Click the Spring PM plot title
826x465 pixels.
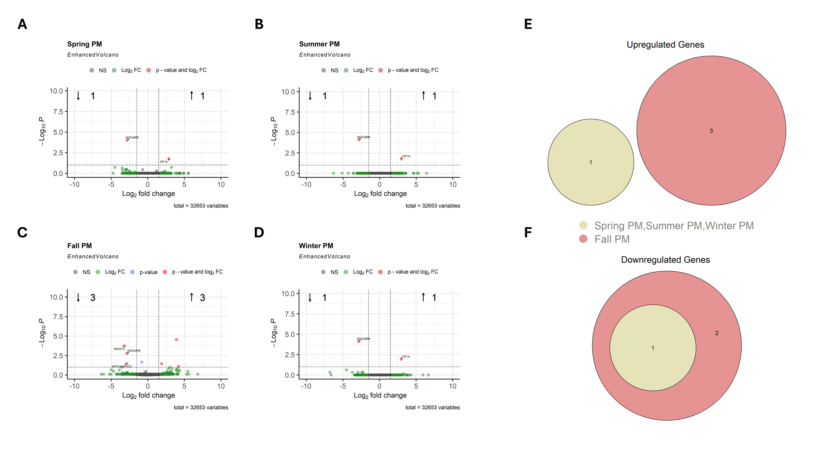click(x=84, y=44)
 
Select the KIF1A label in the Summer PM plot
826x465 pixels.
click(x=406, y=156)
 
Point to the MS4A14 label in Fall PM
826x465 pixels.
click(x=119, y=349)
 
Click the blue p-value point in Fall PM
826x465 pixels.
click(x=142, y=362)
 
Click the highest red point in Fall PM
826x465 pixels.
click(x=176, y=340)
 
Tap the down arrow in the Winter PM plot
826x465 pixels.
click(x=310, y=297)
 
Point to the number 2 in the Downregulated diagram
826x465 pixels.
click(x=717, y=333)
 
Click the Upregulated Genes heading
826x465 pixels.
click(x=665, y=45)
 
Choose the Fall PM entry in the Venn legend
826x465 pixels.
click(x=612, y=239)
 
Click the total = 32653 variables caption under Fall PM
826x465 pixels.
click(x=201, y=408)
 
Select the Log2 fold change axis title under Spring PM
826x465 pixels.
click(x=148, y=194)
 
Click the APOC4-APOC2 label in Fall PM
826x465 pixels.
click(x=122, y=366)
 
